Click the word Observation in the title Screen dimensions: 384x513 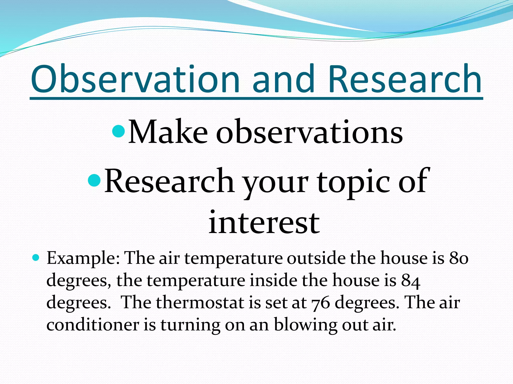(135, 79)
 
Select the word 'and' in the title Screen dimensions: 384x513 (283, 79)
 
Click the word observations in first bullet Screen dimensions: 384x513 (309, 132)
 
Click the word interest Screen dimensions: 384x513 (264, 222)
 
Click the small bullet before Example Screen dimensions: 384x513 (36, 257)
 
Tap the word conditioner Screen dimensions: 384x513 (93, 324)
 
